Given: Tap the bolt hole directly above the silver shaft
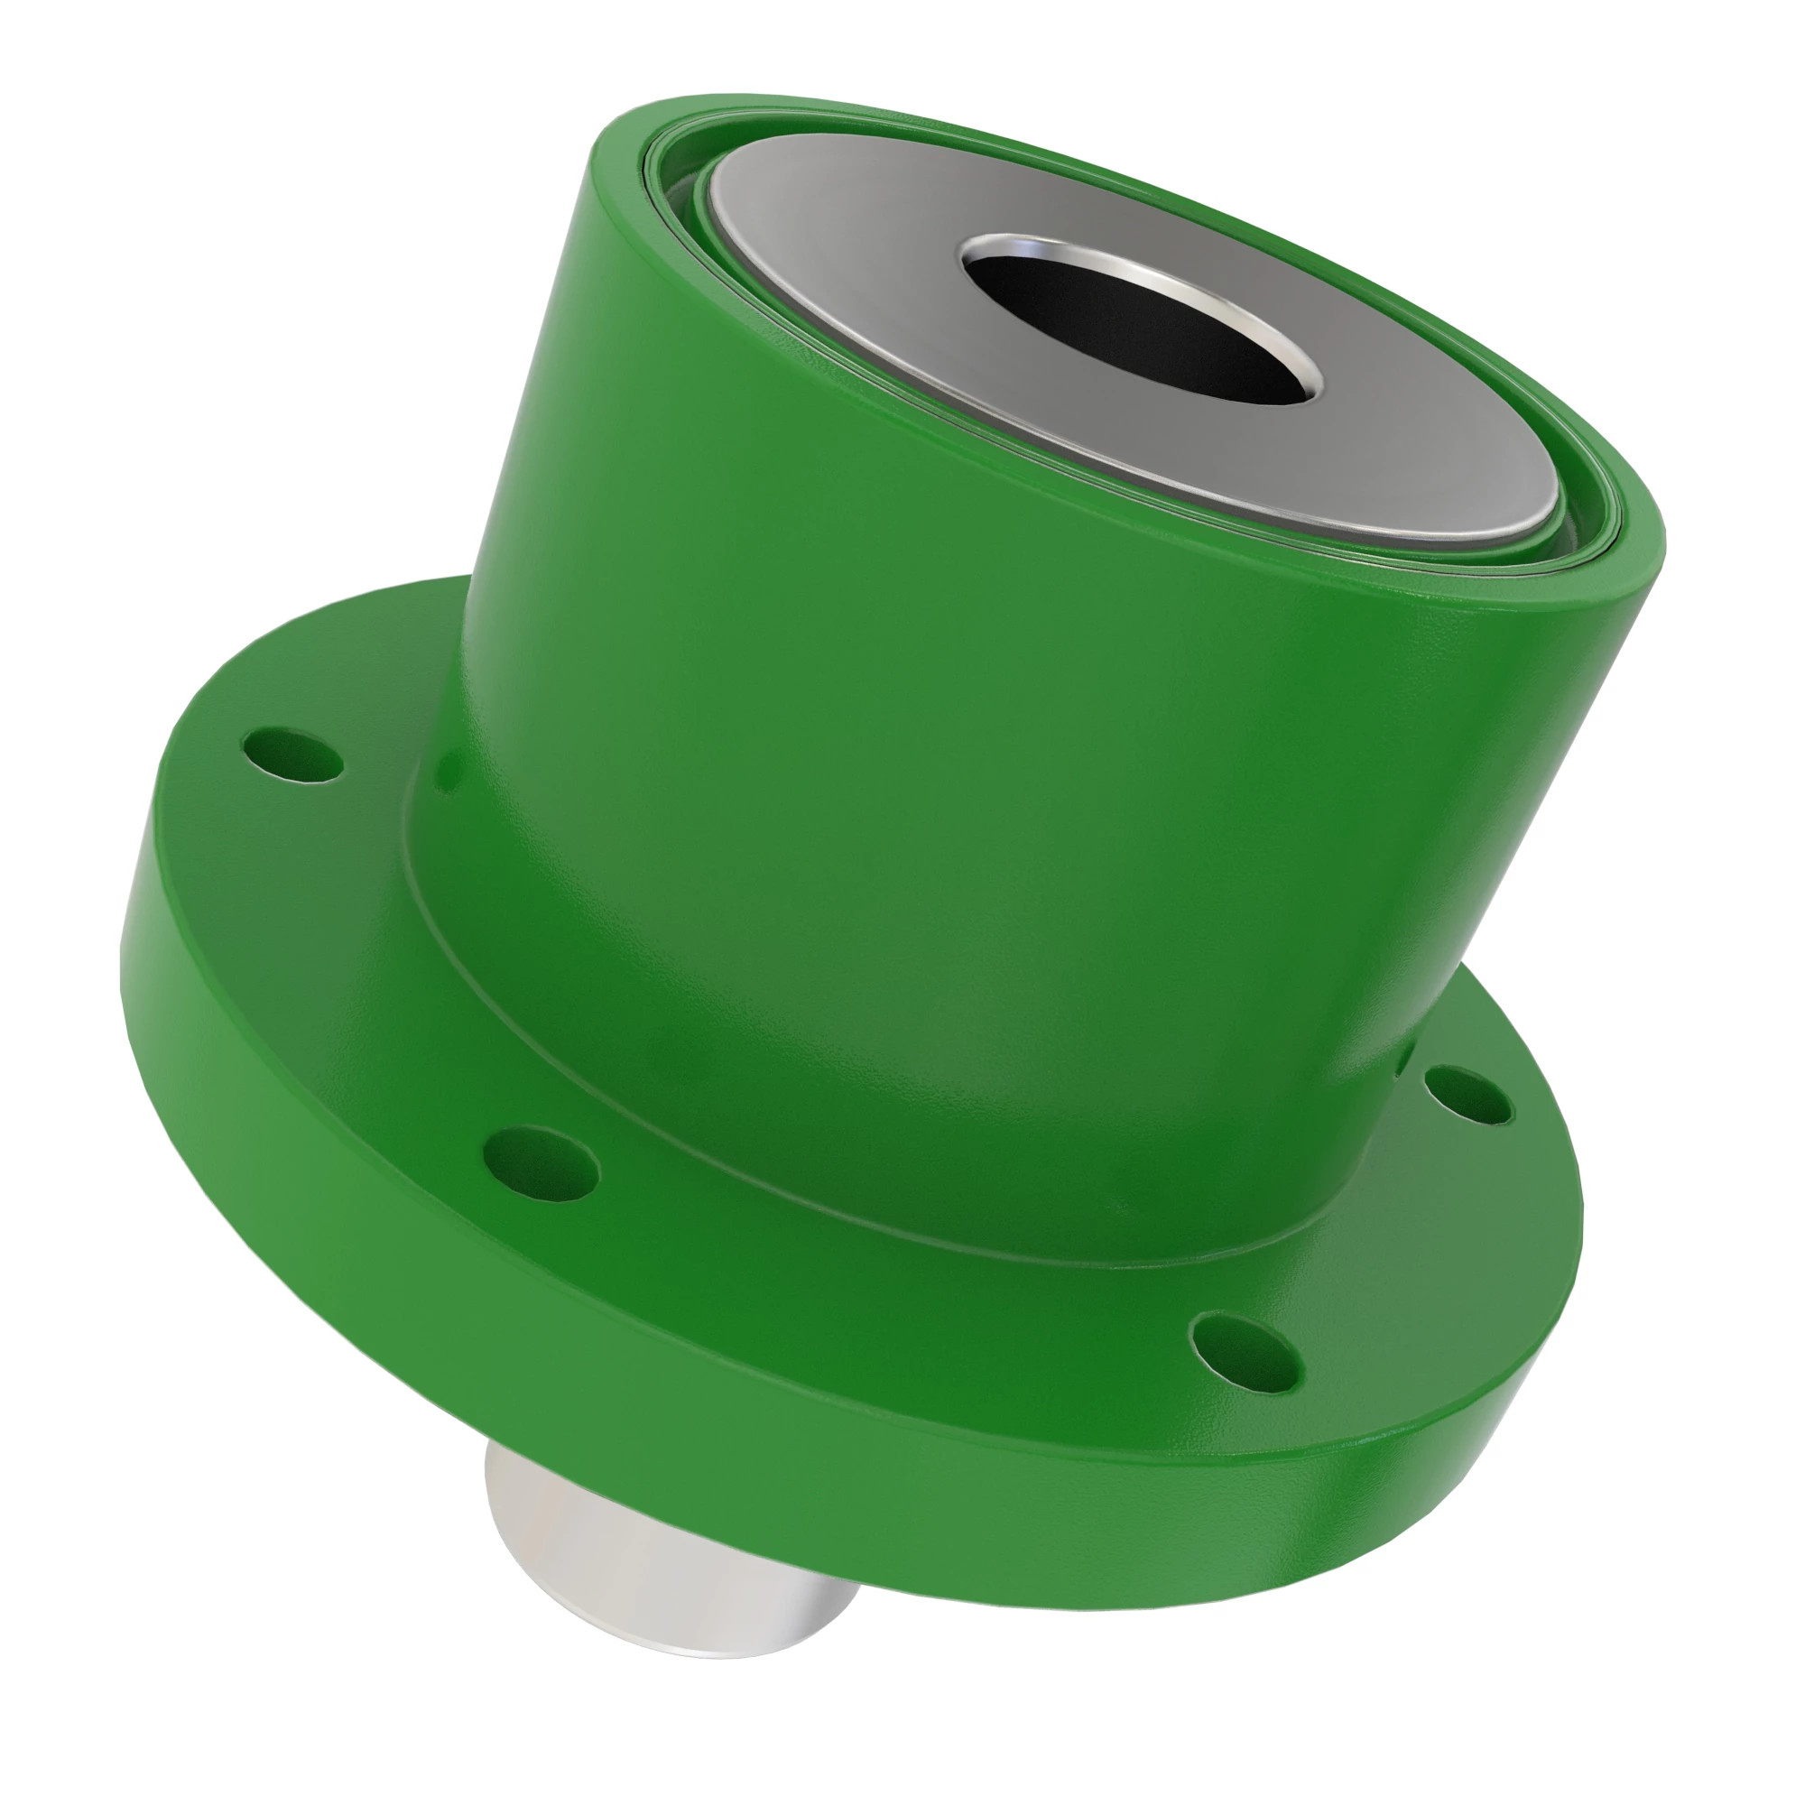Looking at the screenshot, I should pos(541,1163).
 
